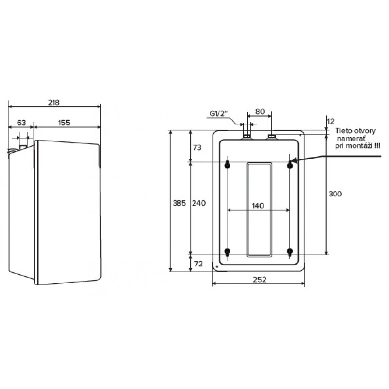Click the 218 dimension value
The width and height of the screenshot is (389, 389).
[53, 102]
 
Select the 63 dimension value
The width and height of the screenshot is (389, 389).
[21, 123]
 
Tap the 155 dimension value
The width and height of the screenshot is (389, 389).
[64, 123]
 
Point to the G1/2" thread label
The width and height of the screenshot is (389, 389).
[219, 113]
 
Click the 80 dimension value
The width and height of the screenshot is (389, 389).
[260, 111]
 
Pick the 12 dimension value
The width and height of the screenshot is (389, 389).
[331, 120]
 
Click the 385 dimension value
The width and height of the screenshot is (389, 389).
[179, 203]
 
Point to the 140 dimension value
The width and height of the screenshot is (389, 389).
[258, 206]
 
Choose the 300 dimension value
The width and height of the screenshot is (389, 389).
[335, 194]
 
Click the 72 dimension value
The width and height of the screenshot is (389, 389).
[197, 264]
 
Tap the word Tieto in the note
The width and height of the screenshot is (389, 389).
[342, 131]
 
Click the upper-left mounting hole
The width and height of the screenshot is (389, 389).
[227, 166]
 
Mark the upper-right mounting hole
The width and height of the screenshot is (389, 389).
[290, 166]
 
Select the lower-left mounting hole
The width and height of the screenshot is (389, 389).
[227, 251]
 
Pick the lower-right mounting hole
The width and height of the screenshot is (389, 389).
[290, 251]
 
